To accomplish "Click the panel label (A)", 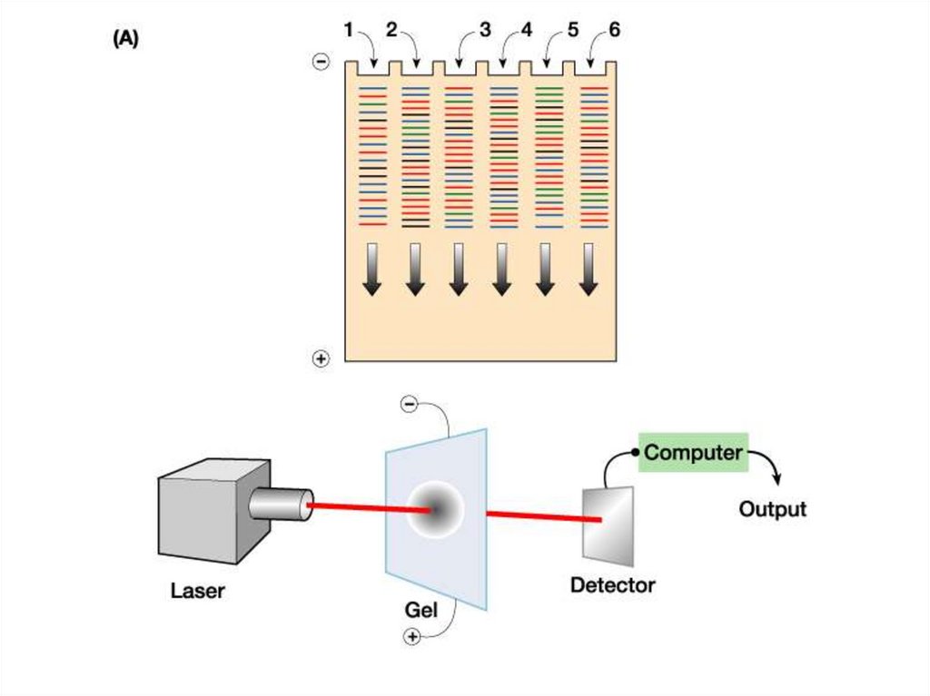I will pos(125,39).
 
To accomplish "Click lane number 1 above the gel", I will pos(349,30).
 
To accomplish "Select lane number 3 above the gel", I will pos(485,30).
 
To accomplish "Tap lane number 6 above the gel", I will pos(615,30).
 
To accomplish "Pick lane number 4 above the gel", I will pos(527,30).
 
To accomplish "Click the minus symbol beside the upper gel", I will pos(321,62).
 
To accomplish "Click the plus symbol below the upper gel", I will pos(321,358).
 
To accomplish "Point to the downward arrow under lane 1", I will pos(372,269).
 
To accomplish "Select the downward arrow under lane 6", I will pos(589,269).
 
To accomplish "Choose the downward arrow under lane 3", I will pos(458,269).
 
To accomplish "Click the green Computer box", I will pos(693,452).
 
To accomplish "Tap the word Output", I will pos(772,509).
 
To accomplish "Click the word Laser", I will pos(197,593).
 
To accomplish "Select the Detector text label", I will pos(612,585).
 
